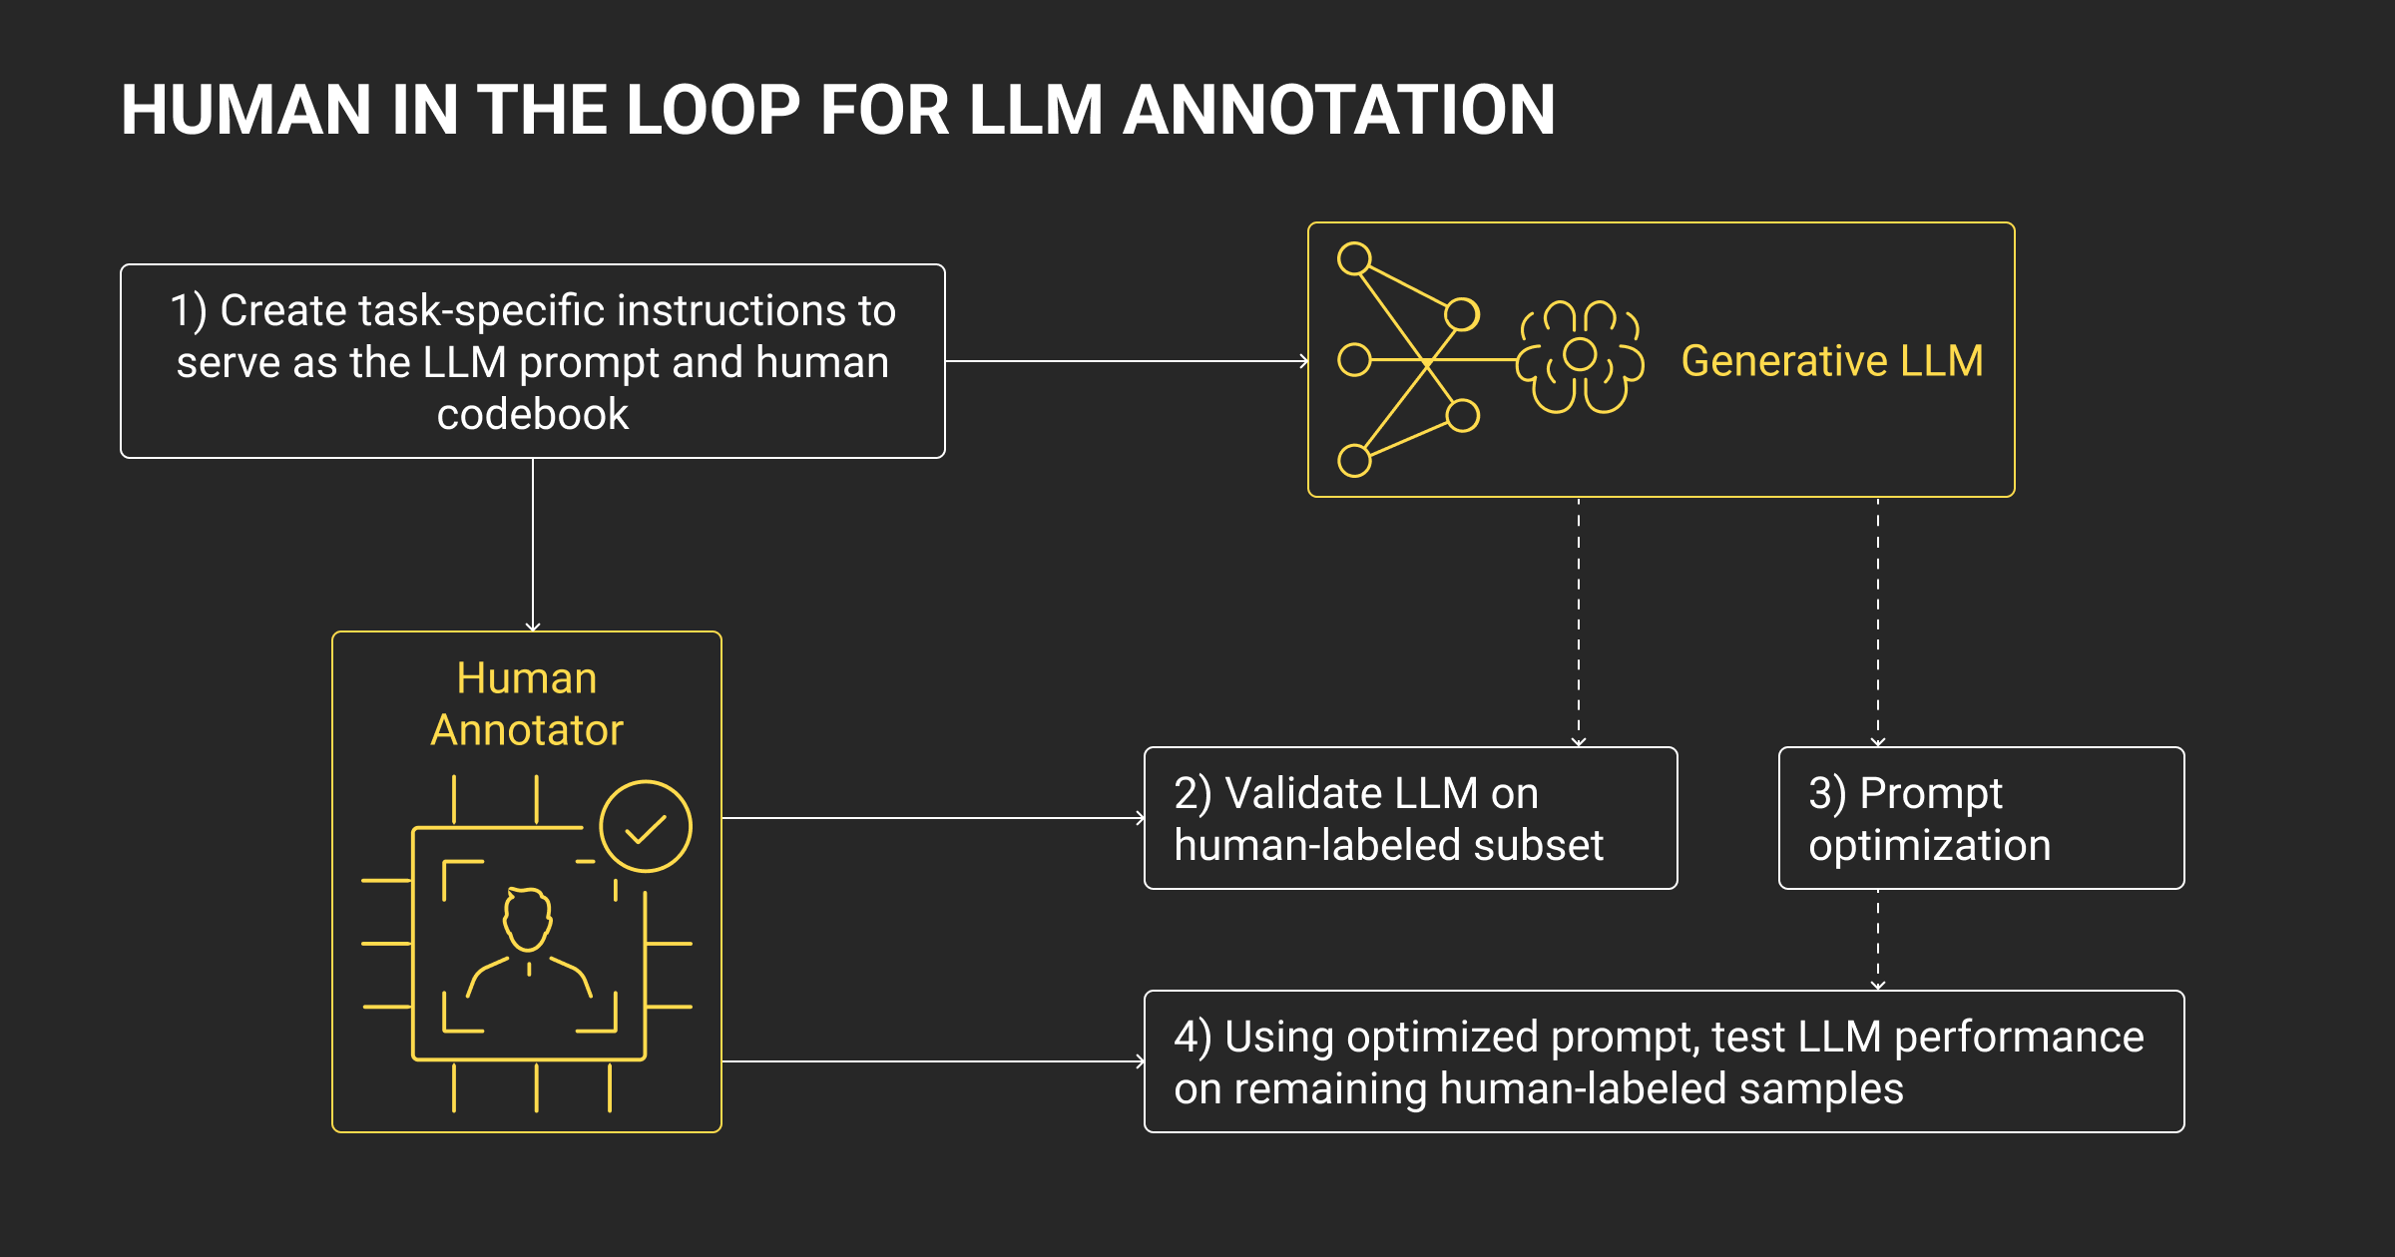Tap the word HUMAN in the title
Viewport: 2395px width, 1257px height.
(x=246, y=110)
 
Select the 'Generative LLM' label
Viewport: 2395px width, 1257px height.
(x=1832, y=360)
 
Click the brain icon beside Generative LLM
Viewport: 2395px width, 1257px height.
(x=1580, y=357)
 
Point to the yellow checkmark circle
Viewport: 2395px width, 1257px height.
(x=646, y=826)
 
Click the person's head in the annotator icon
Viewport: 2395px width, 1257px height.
(x=527, y=918)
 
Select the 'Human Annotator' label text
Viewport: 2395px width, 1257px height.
(x=527, y=704)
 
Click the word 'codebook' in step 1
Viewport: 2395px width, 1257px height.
(x=533, y=414)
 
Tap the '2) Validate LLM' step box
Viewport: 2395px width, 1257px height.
(x=1410, y=818)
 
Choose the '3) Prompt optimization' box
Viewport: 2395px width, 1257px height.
(x=1981, y=818)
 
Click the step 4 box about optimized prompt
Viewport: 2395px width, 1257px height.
(x=1664, y=1061)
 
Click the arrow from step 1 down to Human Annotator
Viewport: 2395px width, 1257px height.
(x=533, y=544)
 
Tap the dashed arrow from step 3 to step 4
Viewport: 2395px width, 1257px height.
(x=1878, y=939)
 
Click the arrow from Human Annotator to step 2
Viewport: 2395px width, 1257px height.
(x=932, y=818)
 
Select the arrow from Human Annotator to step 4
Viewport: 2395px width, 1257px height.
(x=932, y=1061)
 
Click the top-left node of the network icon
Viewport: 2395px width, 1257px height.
(x=1354, y=259)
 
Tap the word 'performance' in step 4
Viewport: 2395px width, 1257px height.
(x=2019, y=1037)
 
